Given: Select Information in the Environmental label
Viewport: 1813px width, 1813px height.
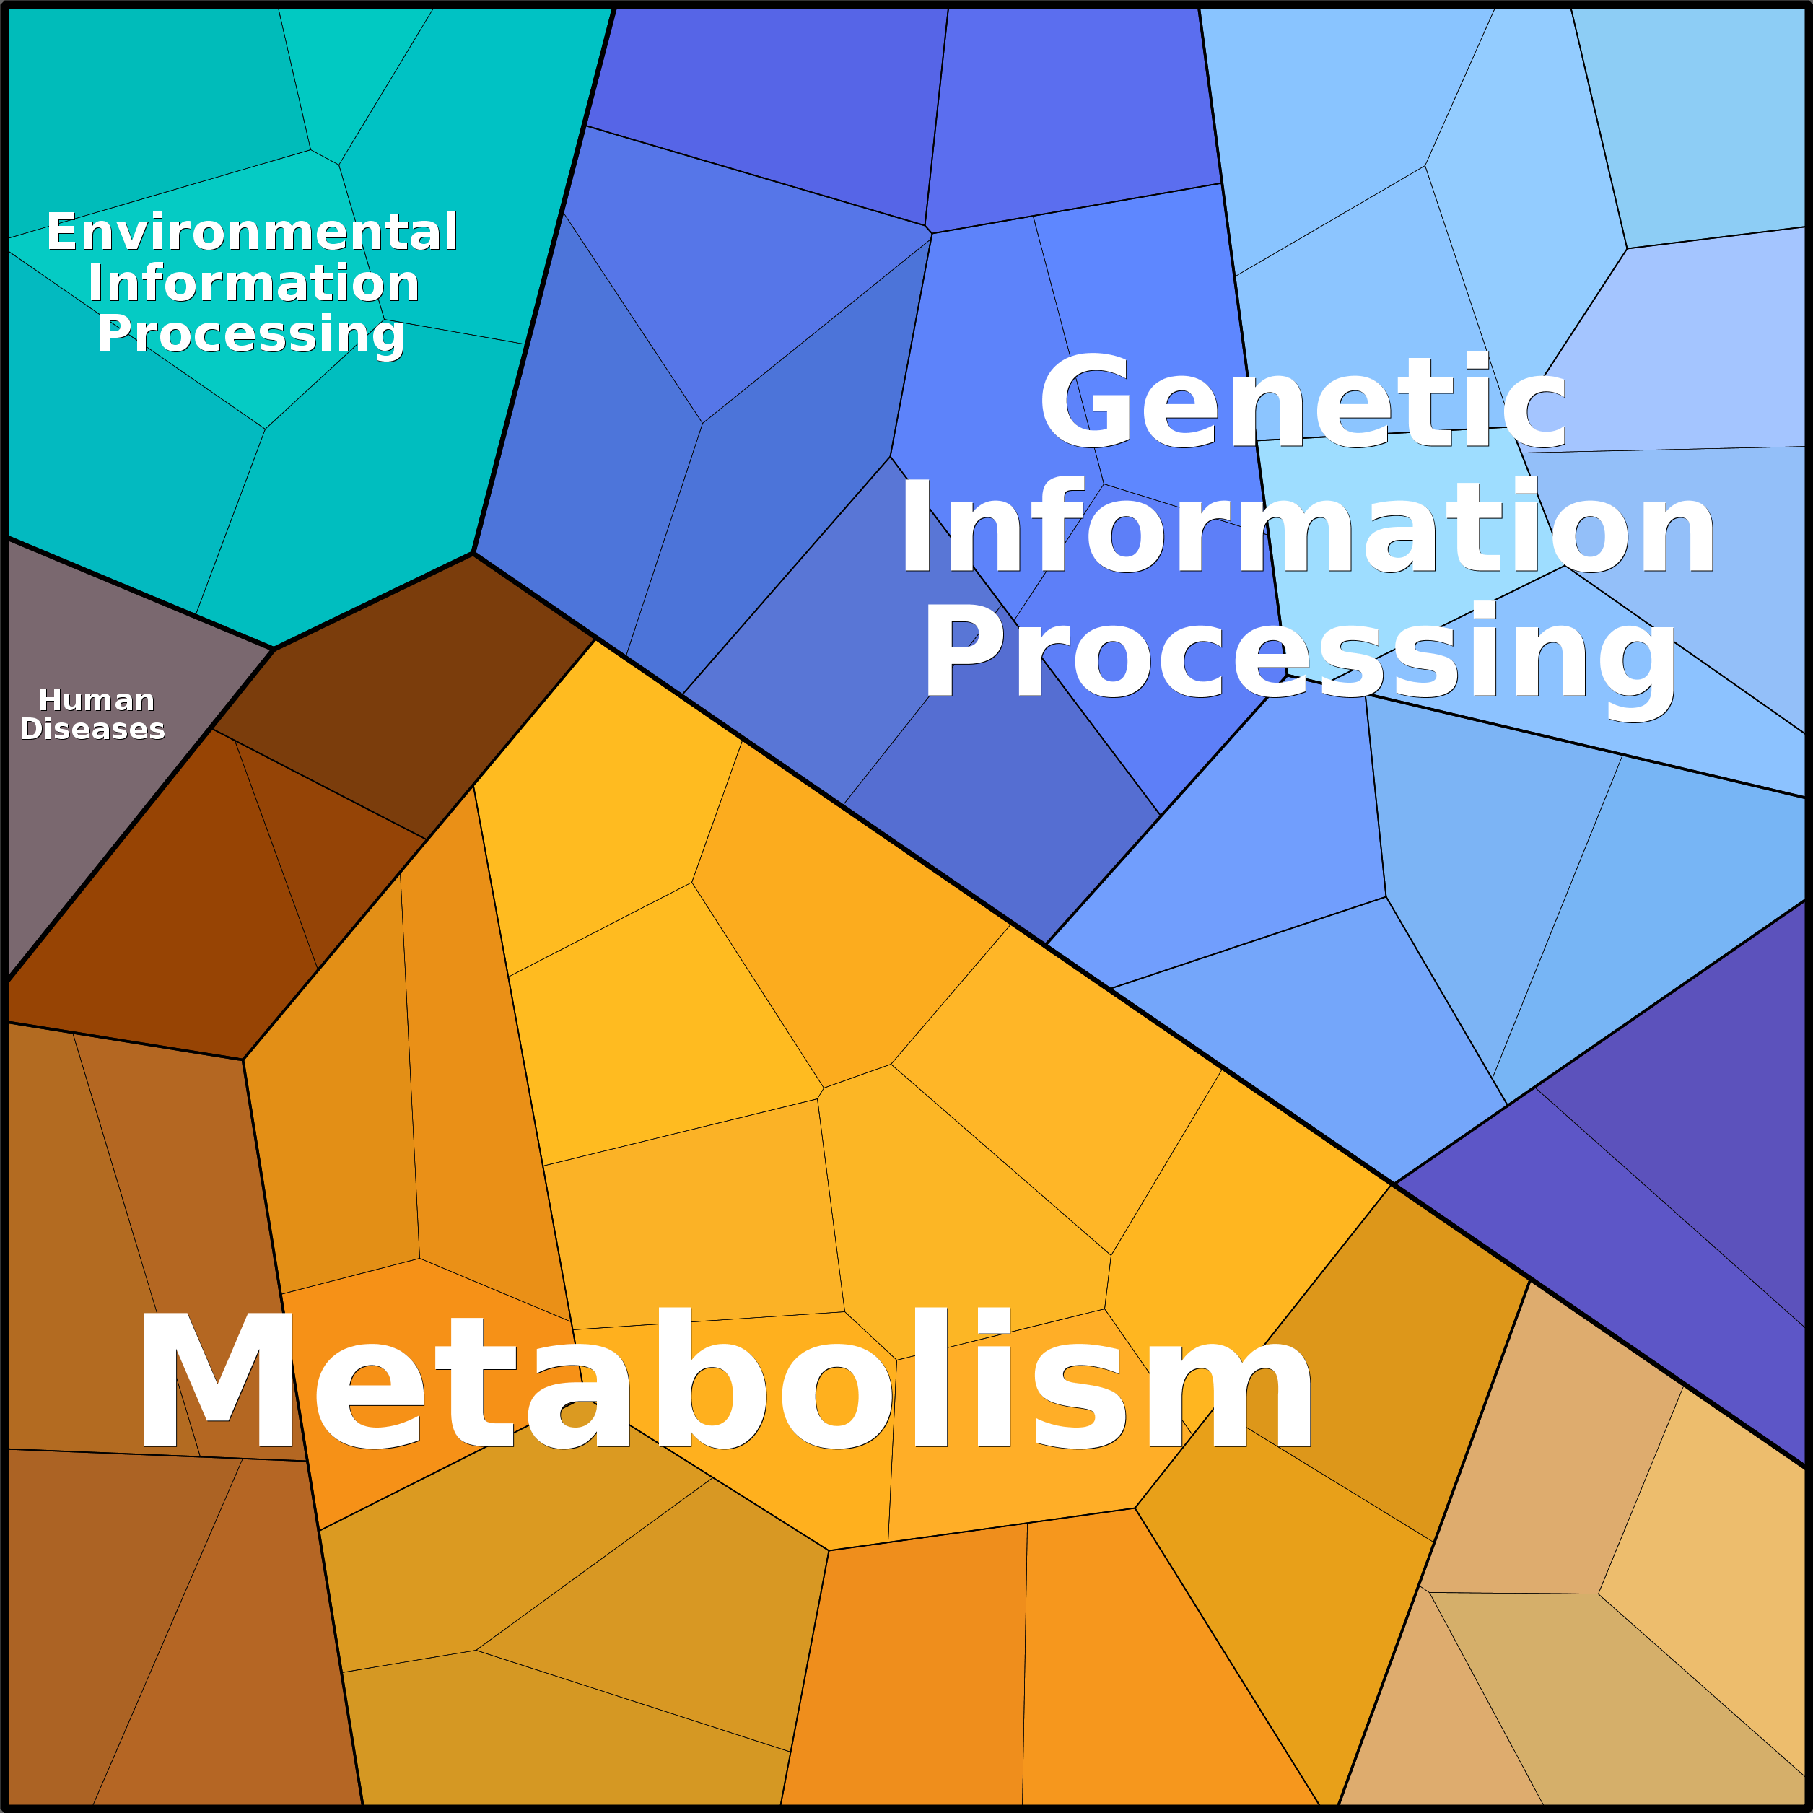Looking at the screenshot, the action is (253, 284).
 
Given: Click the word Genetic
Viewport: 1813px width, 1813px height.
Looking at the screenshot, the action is (1303, 401).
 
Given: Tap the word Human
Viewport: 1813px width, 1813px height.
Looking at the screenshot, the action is (97, 700).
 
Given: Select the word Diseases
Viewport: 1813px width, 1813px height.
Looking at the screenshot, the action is (92, 729).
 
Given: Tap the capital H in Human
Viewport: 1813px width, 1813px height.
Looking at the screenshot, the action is (50, 700).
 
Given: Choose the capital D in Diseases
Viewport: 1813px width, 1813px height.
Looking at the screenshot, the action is (31, 729).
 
